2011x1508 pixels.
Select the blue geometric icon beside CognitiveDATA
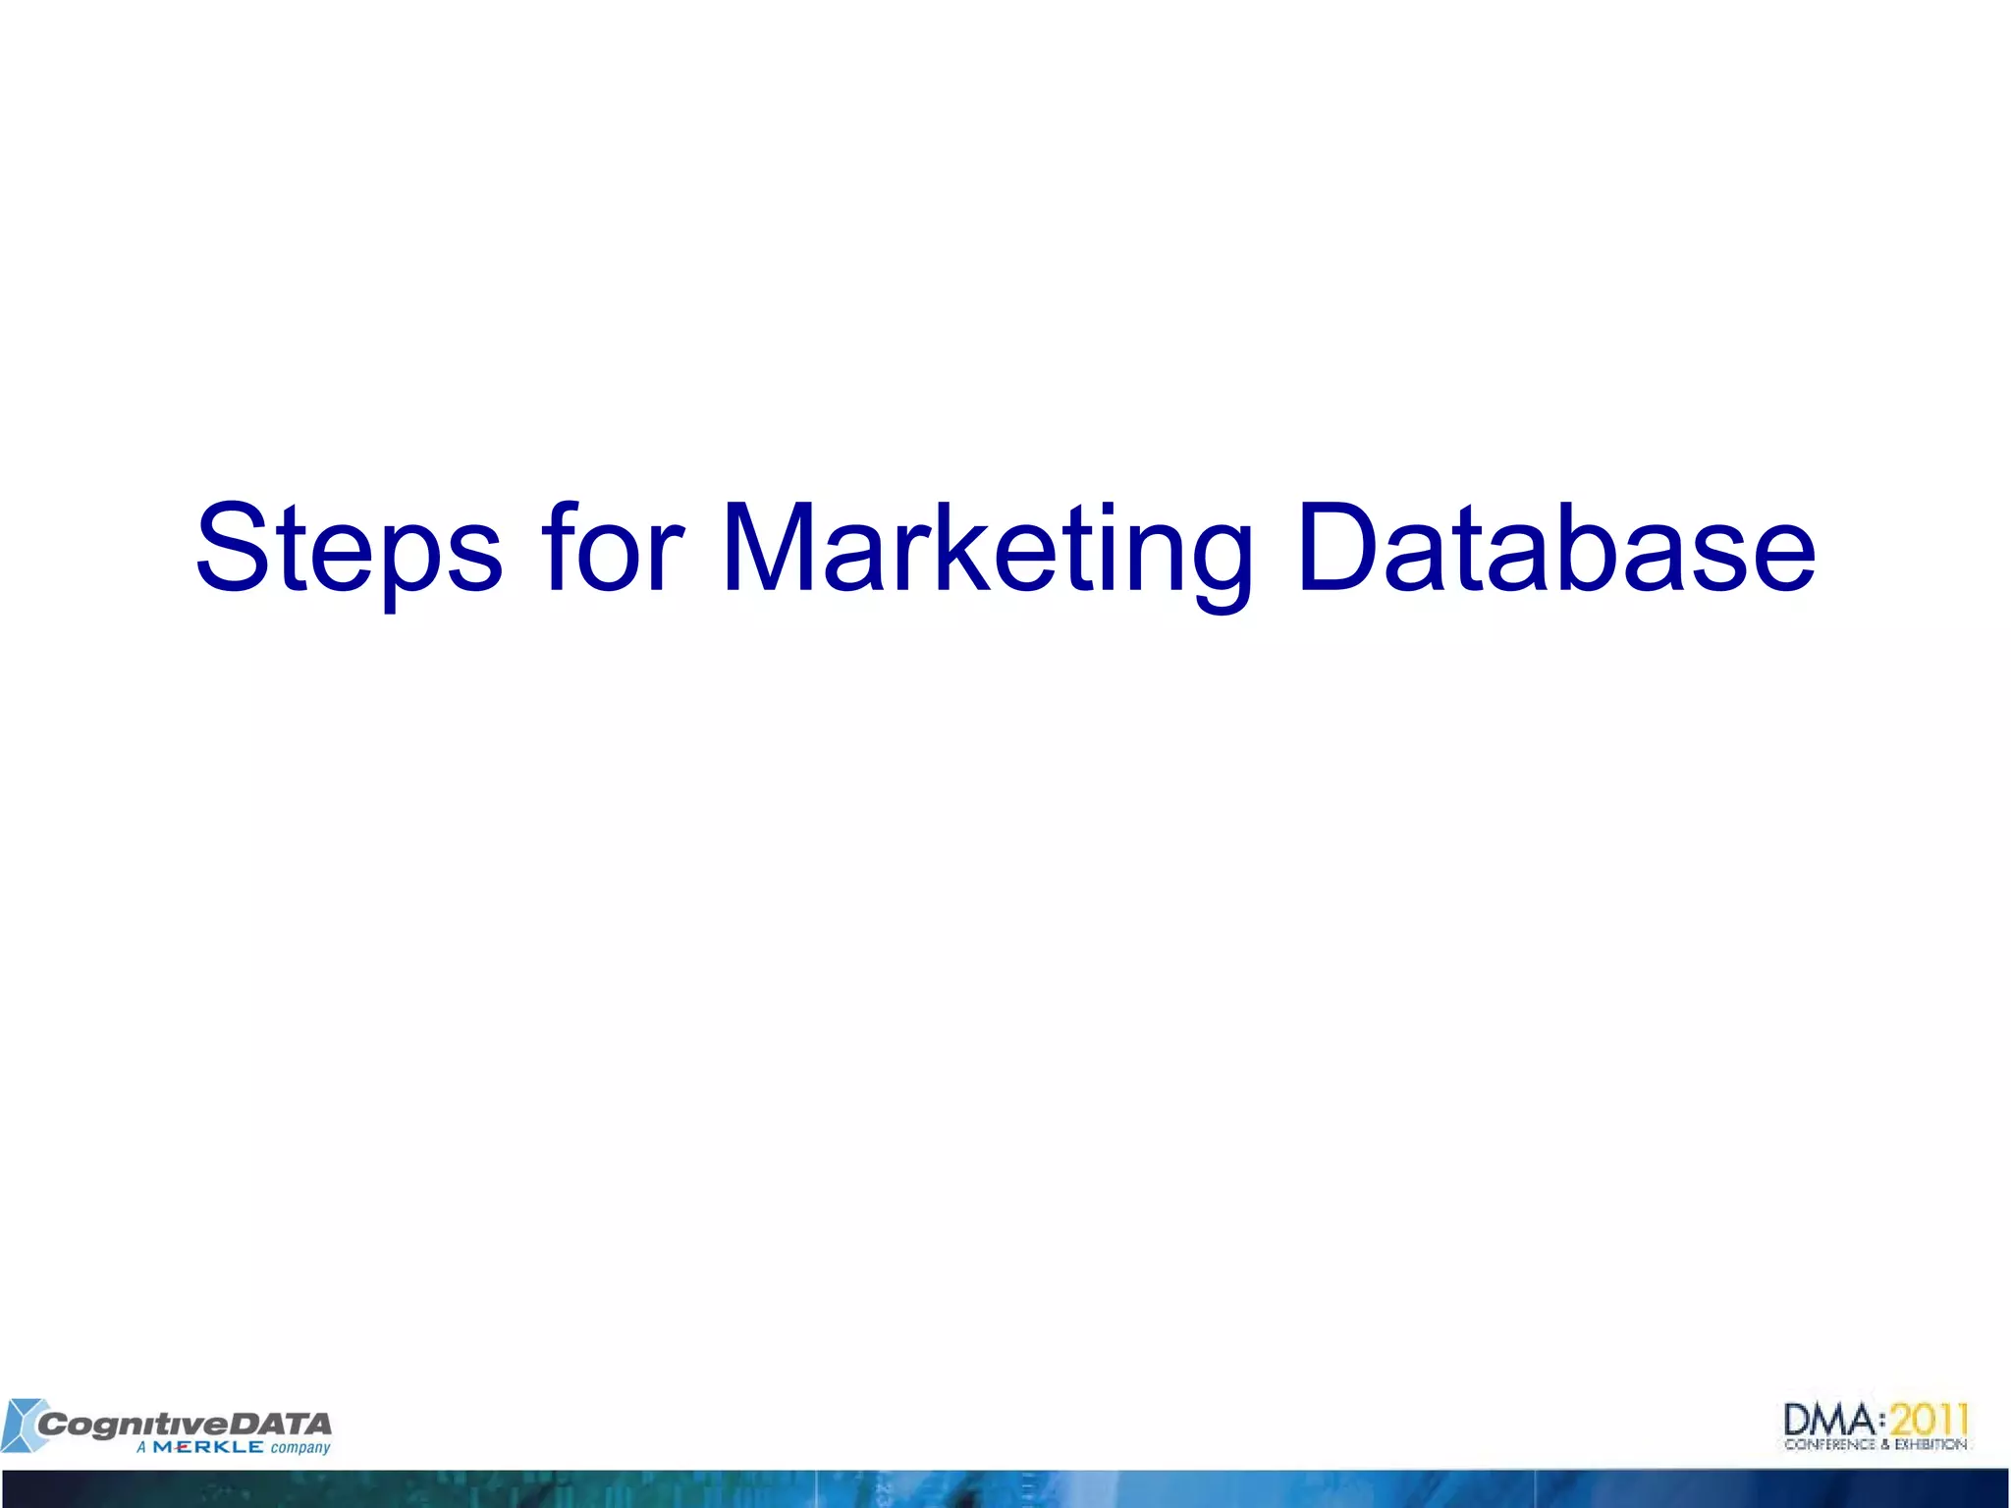pos(22,1425)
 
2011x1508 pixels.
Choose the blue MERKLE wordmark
pos(208,1447)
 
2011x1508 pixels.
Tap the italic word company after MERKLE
pos(300,1448)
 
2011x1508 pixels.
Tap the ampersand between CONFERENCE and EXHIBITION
pos(1885,1444)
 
